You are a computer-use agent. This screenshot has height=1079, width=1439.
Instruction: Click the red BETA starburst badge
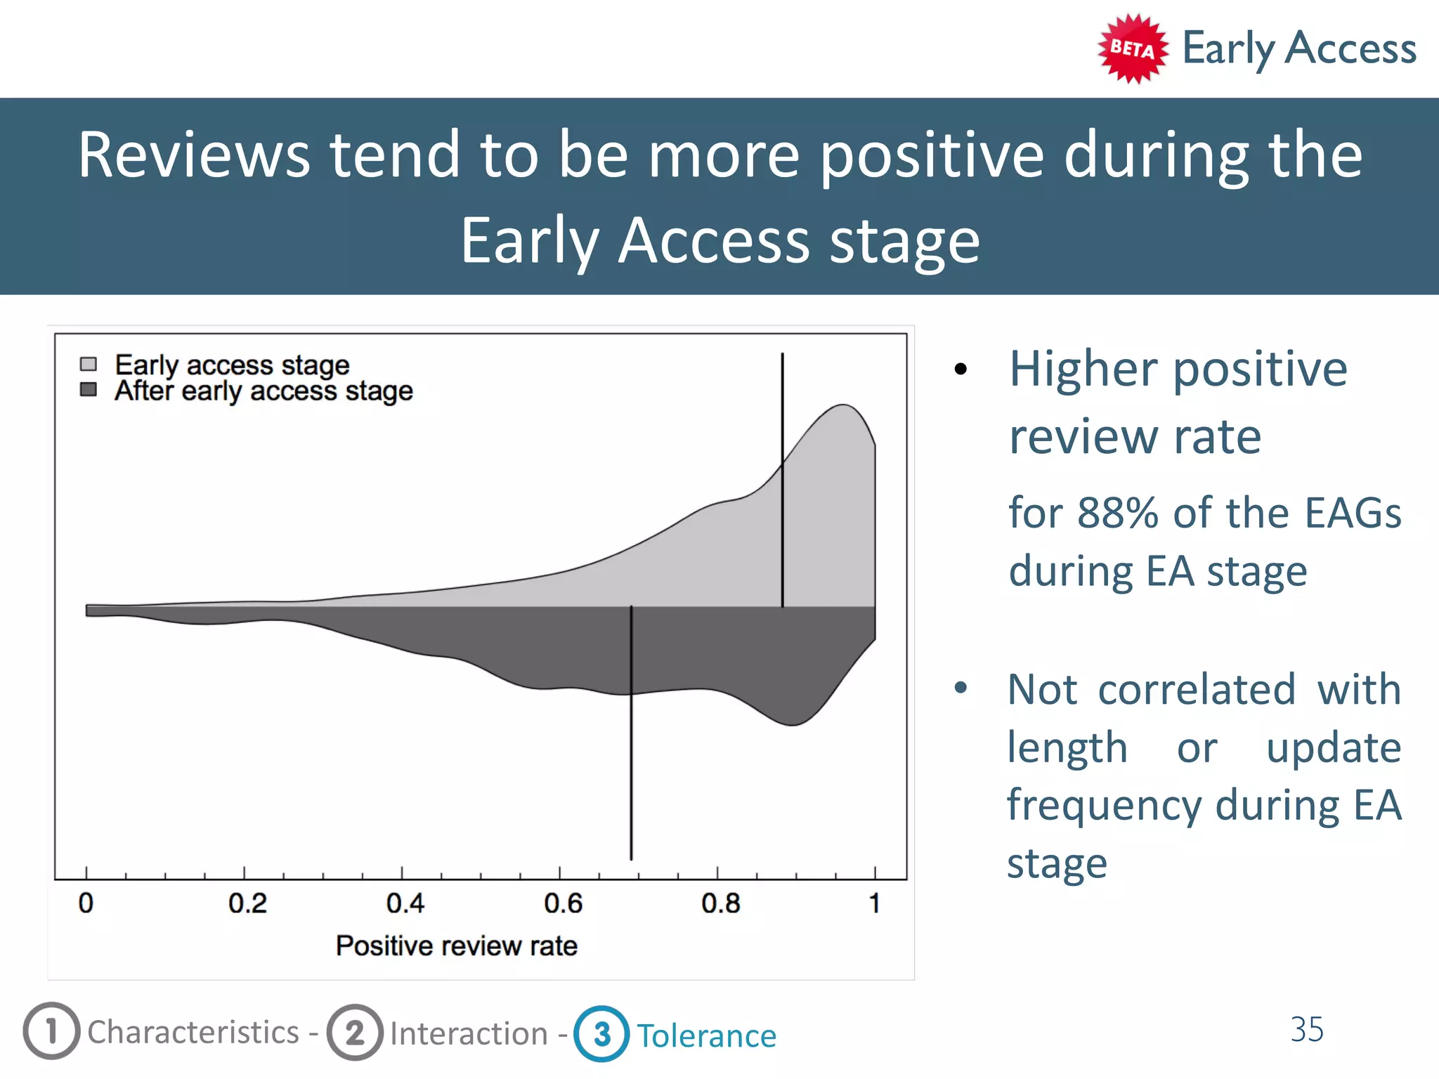tap(1132, 48)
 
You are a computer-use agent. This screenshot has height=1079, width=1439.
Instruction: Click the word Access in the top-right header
tap(1350, 48)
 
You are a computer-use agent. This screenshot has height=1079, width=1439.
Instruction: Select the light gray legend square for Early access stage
tap(89, 364)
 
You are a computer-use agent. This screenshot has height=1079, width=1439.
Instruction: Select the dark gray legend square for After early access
tap(89, 389)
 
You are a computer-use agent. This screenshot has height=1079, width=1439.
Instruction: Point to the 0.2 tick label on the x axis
tap(247, 903)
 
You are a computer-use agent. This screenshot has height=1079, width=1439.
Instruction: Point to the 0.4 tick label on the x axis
tap(405, 903)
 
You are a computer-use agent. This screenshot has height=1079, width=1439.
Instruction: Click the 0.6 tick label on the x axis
tap(563, 903)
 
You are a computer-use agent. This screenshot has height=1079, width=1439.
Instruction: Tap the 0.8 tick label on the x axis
tap(720, 903)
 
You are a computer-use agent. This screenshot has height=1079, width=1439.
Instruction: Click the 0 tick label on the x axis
tap(86, 903)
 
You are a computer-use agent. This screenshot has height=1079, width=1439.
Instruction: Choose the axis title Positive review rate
tap(456, 946)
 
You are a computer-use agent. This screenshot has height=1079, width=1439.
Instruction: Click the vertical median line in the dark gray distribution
tap(631, 773)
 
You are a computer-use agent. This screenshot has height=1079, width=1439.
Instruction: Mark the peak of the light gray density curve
tap(842, 405)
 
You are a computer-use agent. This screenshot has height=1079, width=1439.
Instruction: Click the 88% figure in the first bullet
tap(1117, 513)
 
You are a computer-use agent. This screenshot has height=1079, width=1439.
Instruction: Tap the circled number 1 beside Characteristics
tap(51, 1031)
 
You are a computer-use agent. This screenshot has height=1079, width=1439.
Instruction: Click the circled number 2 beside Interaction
tap(355, 1032)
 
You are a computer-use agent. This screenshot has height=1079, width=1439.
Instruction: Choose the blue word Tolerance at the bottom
tap(706, 1035)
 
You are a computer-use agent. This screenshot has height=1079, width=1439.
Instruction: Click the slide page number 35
tap(1306, 1029)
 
